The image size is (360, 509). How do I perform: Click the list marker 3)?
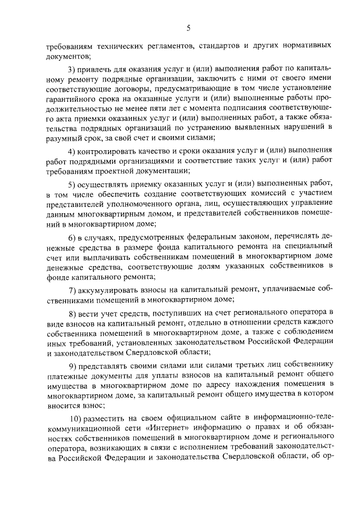tap(71, 69)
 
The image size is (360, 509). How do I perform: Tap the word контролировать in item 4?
tap(107, 151)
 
